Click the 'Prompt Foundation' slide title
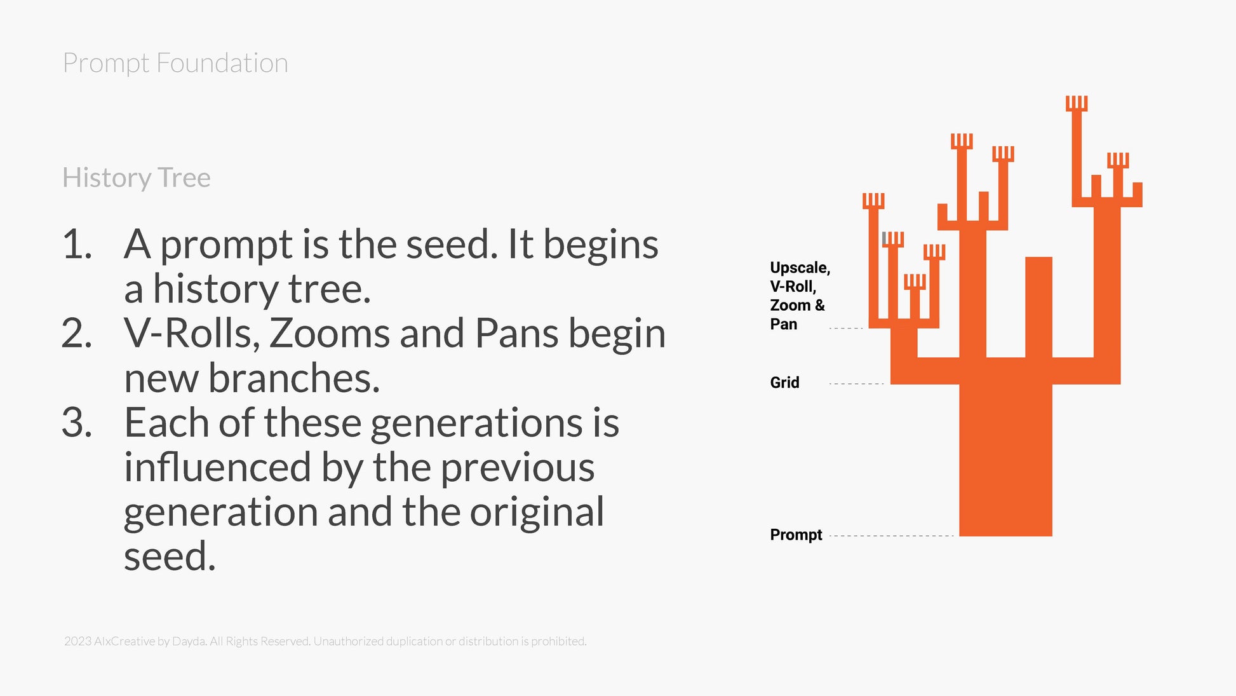tap(175, 64)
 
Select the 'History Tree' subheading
tap(137, 178)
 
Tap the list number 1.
tap(77, 245)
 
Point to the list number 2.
tap(77, 334)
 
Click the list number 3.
tap(77, 423)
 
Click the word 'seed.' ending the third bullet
tap(170, 557)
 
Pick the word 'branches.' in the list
tap(294, 378)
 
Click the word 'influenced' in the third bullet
tap(217, 467)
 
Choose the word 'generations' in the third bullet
tap(476, 423)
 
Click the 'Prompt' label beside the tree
tap(796, 535)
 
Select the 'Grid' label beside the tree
tap(784, 383)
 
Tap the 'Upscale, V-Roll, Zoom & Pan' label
tap(800, 296)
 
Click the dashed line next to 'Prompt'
tap(891, 536)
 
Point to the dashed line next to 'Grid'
tap(856, 384)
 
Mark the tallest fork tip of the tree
tap(1077, 102)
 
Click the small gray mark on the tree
tap(883, 238)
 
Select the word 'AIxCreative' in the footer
tap(124, 641)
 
